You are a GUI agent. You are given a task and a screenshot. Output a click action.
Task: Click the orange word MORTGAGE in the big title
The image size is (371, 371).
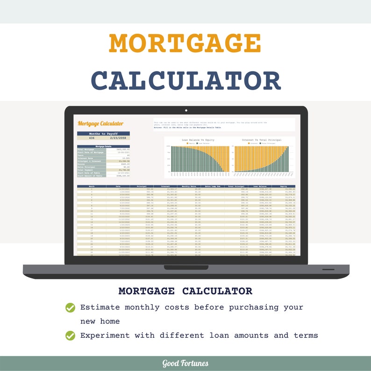(185, 43)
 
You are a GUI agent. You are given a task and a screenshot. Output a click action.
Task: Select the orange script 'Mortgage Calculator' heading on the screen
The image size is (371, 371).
(100, 124)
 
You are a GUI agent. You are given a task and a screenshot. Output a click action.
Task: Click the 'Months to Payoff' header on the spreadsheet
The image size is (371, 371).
(103, 134)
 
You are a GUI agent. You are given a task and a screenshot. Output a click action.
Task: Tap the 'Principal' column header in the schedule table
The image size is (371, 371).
(141, 186)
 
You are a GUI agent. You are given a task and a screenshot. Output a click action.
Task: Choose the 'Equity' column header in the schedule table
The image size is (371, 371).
(283, 186)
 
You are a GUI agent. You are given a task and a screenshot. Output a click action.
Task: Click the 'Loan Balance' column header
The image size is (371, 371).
(259, 186)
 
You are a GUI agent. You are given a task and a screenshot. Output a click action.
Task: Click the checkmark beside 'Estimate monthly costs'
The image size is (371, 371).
(71, 307)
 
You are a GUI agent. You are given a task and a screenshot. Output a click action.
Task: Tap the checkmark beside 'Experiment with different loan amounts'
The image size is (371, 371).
(71, 335)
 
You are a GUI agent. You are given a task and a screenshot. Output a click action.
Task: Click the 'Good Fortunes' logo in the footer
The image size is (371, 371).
(185, 364)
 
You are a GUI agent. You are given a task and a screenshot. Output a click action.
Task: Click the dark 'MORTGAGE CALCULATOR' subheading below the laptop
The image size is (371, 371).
(185, 291)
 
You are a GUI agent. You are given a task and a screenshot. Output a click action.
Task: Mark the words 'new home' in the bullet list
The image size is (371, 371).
(100, 321)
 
